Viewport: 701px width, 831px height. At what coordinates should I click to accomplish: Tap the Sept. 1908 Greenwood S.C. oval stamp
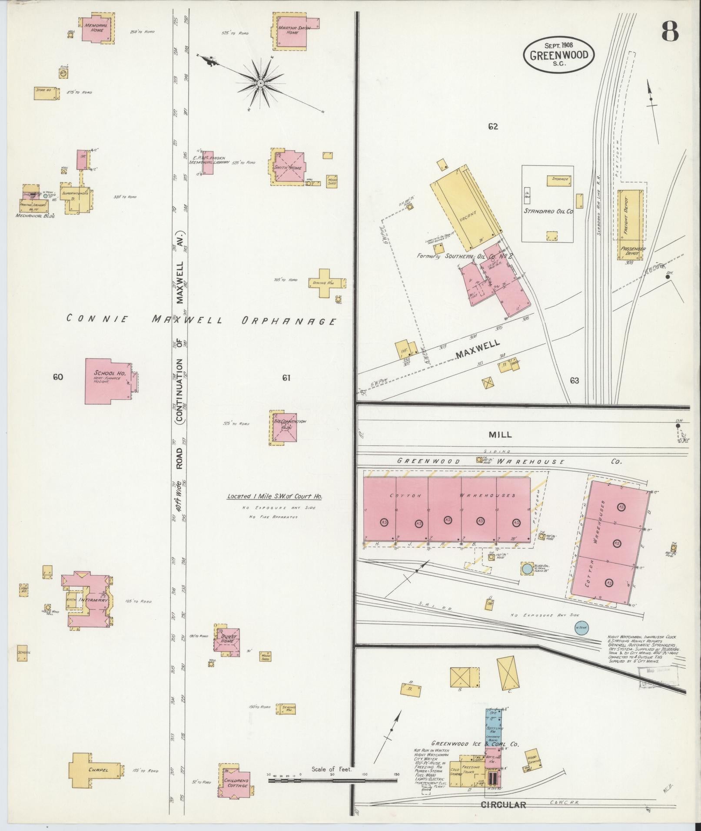[x=558, y=55]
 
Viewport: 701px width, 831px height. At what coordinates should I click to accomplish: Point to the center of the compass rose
[x=260, y=83]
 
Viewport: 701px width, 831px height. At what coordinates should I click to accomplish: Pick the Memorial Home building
[x=97, y=29]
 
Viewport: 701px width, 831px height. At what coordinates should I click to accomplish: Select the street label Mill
[x=500, y=434]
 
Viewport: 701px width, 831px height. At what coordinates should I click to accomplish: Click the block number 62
[x=492, y=127]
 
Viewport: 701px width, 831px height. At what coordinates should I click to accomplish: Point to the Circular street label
[x=503, y=805]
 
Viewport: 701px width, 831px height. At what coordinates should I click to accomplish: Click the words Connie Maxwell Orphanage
[x=201, y=321]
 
